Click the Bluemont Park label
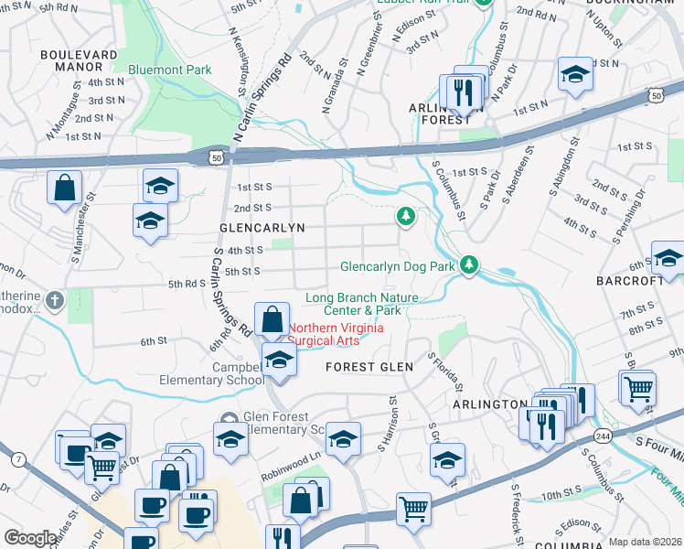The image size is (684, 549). [170, 70]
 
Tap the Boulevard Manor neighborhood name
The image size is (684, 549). [79, 60]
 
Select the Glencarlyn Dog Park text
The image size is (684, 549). [397, 267]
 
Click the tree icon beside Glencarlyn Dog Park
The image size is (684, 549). [469, 264]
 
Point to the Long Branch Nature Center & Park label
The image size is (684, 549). [361, 304]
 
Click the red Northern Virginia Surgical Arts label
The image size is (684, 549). [336, 334]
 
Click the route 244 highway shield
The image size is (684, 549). [604, 436]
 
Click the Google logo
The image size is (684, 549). [30, 538]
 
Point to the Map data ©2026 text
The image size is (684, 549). [645, 542]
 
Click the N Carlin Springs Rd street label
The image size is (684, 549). [262, 99]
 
